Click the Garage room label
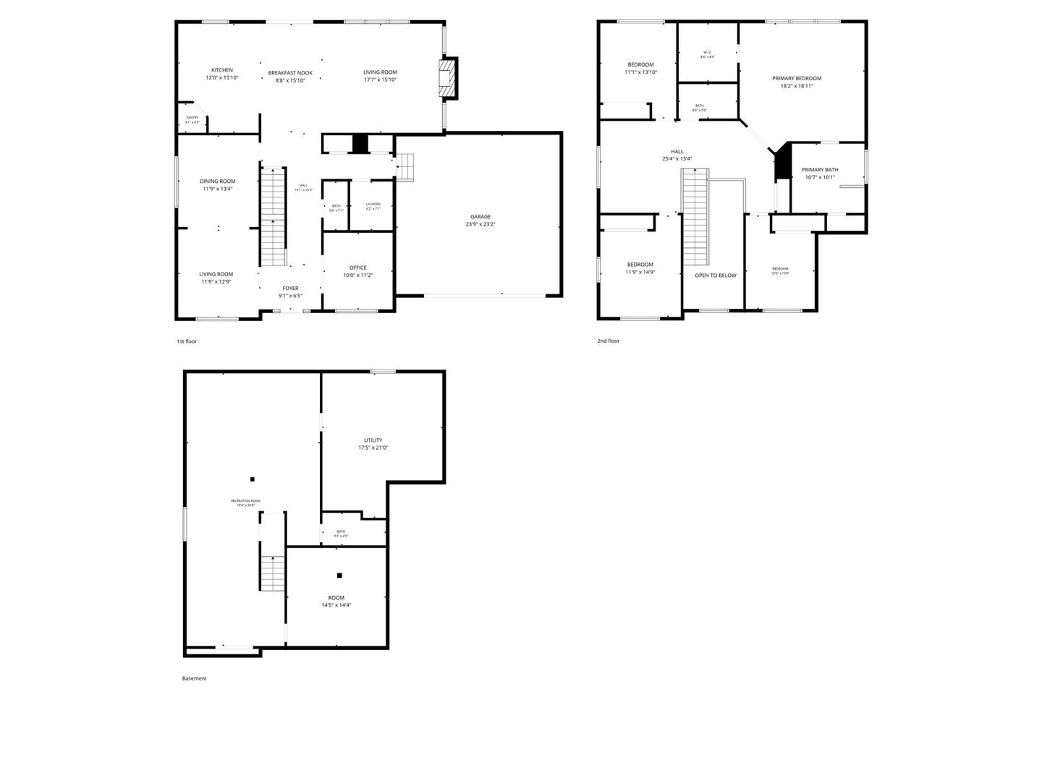(x=480, y=217)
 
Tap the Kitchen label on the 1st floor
(x=222, y=70)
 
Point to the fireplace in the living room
(x=448, y=77)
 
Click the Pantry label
(x=192, y=118)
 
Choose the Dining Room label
(x=218, y=182)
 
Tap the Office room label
(x=357, y=268)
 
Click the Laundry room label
(x=373, y=204)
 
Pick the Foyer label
(x=290, y=289)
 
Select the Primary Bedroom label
(x=797, y=78)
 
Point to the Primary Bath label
(x=820, y=170)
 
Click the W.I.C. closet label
(x=707, y=52)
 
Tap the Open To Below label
(x=716, y=276)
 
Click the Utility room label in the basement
(x=373, y=440)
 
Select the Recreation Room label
(x=245, y=501)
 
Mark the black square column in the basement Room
(x=339, y=576)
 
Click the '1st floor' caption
(x=187, y=341)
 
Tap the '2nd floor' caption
(x=608, y=341)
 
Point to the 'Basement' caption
(x=194, y=678)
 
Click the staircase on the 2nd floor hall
(x=695, y=217)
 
